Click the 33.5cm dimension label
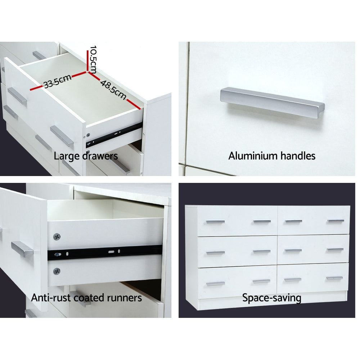pos(57,81)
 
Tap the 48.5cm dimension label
pos(113,90)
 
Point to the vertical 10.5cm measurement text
pos(93,60)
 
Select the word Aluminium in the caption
pos(253,156)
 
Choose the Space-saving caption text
pos(271,298)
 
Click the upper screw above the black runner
pos(57,236)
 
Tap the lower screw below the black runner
pos(57,271)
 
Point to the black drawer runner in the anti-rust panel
pos(105,252)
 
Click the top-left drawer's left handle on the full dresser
pos(215,222)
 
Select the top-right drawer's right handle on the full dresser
pos(336,221)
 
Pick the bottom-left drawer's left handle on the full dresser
pos(215,284)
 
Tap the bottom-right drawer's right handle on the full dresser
pos(334,278)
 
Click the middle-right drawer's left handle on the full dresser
pos(293,251)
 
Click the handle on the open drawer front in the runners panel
pos(22,249)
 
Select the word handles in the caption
pos(298,156)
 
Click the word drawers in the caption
pos(100,156)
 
